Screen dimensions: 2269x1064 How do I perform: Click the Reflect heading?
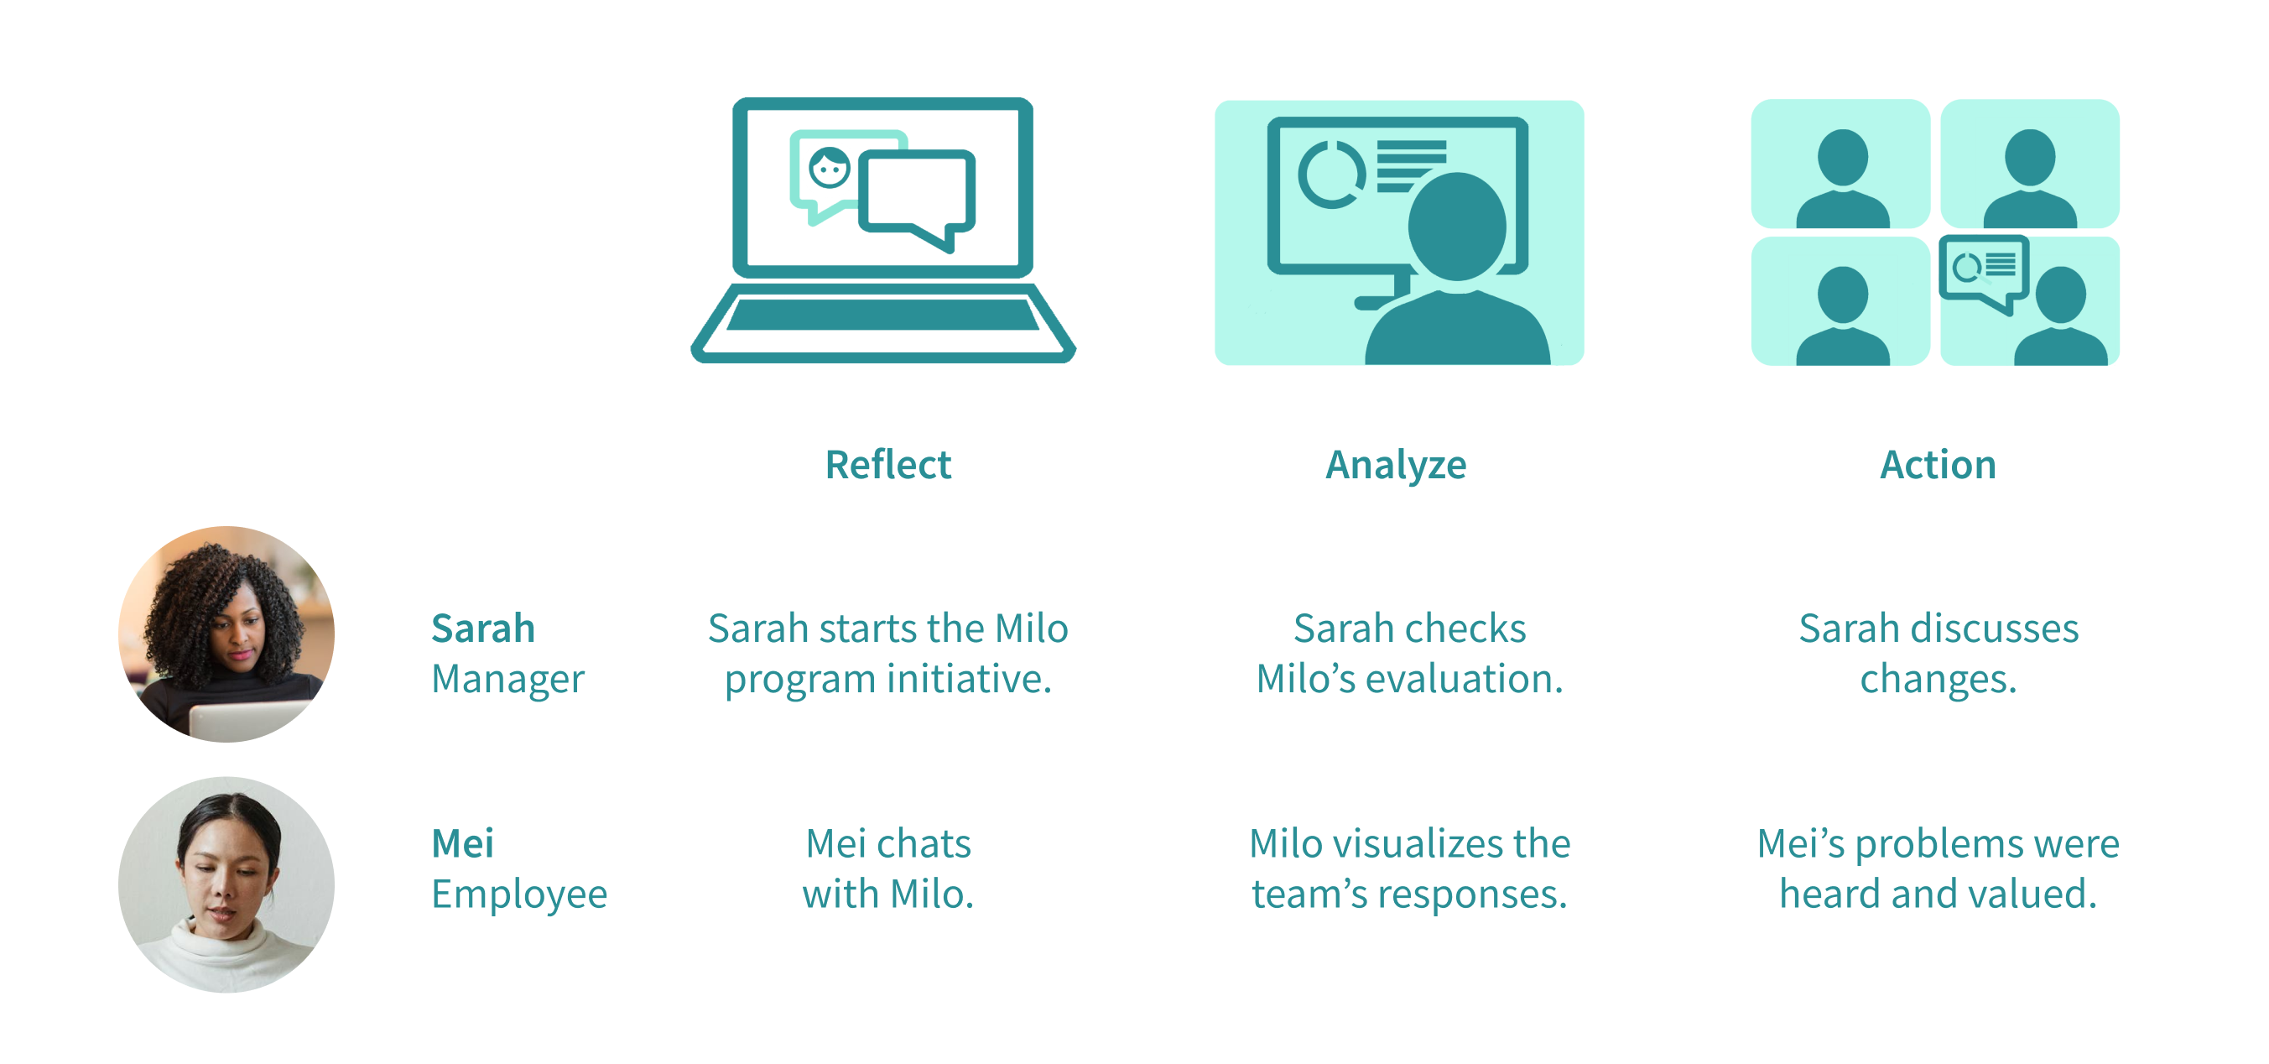point(887,465)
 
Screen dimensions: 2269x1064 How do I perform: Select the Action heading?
point(1938,465)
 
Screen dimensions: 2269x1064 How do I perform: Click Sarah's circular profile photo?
point(226,634)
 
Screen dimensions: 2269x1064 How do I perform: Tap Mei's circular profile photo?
point(226,884)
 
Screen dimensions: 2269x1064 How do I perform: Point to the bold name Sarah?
point(482,628)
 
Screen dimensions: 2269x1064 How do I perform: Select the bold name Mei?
point(462,844)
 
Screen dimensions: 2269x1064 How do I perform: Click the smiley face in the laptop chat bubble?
point(829,167)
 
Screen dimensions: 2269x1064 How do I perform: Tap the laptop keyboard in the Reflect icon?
point(882,315)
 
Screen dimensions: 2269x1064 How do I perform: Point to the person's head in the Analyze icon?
point(1456,226)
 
